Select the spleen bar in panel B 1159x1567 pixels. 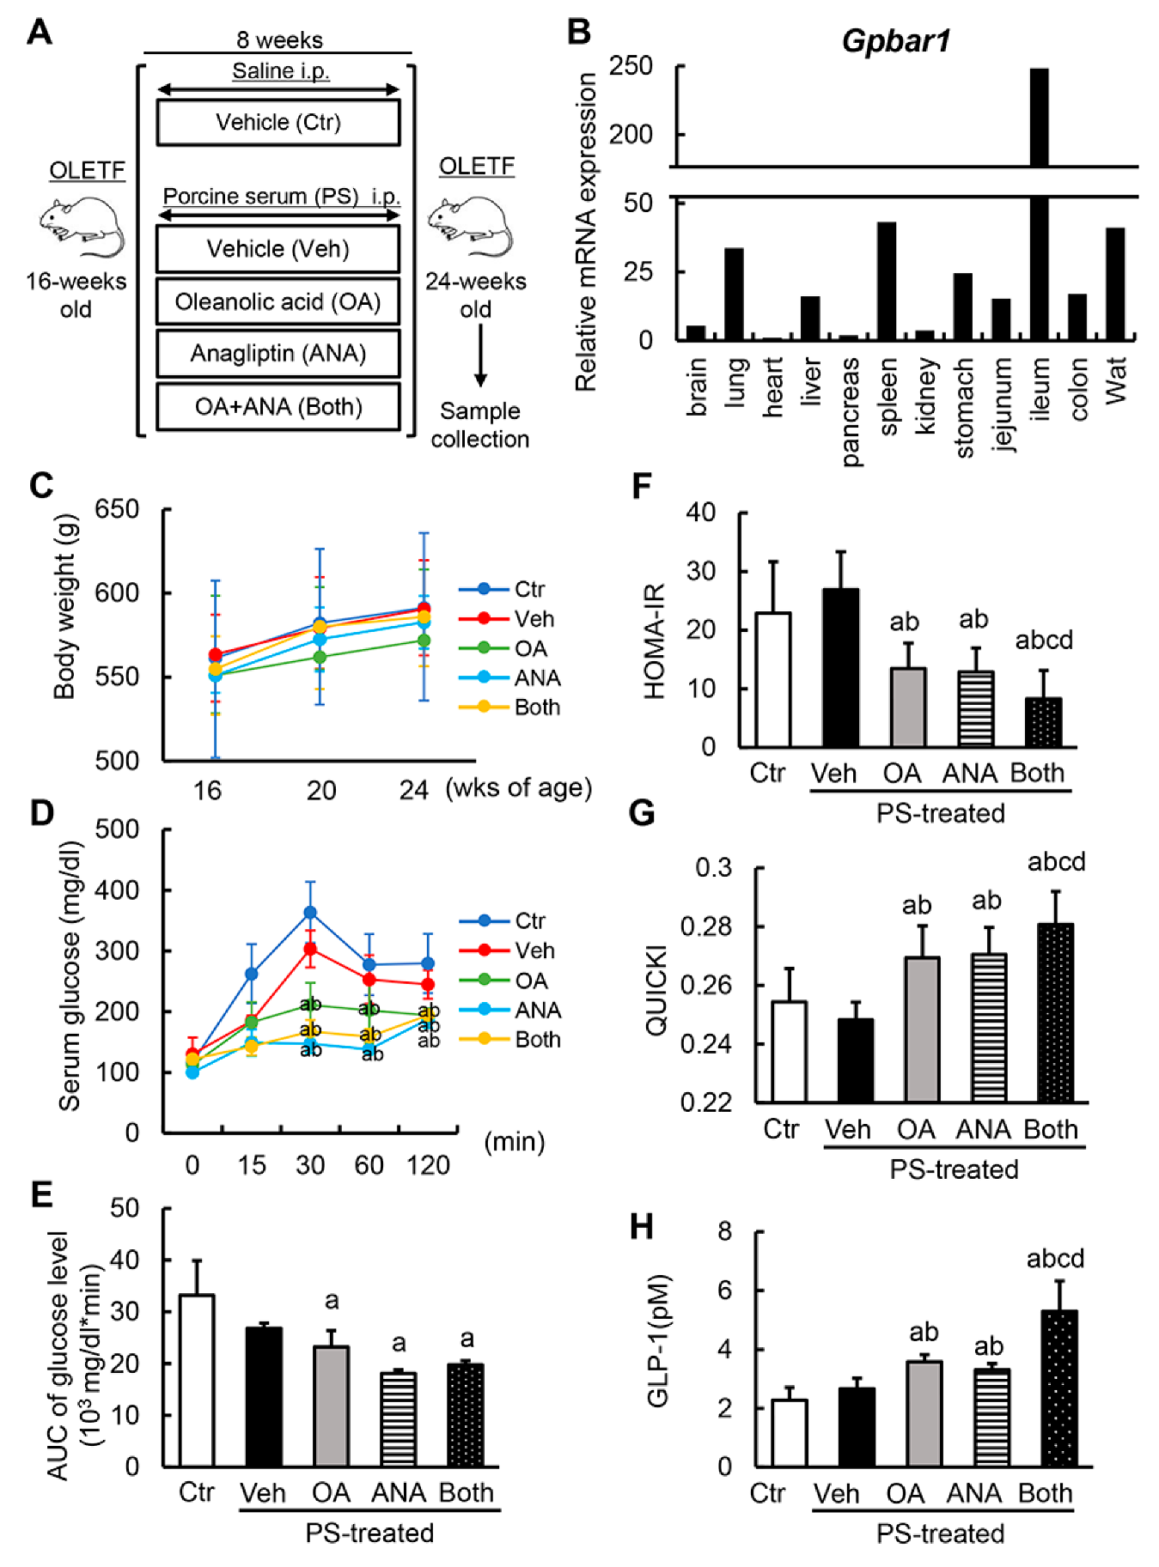click(x=887, y=281)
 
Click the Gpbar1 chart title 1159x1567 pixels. click(x=895, y=40)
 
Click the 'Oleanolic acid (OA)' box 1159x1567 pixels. click(x=278, y=301)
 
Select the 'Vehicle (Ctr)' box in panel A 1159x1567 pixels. click(x=278, y=122)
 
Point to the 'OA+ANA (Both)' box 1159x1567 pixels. click(x=278, y=406)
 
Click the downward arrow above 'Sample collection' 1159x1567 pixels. click(x=480, y=355)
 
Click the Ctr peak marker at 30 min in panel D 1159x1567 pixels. click(x=310, y=912)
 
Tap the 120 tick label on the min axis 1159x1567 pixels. click(x=428, y=1165)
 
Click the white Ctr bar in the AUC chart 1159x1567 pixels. click(x=197, y=1380)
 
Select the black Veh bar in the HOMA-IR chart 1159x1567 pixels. click(x=840, y=667)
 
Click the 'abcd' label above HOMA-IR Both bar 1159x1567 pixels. click(x=1044, y=640)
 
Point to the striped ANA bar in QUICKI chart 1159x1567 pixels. click(x=989, y=1028)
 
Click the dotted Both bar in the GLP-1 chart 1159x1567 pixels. click(x=1058, y=1388)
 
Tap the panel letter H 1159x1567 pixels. click(x=641, y=1227)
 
